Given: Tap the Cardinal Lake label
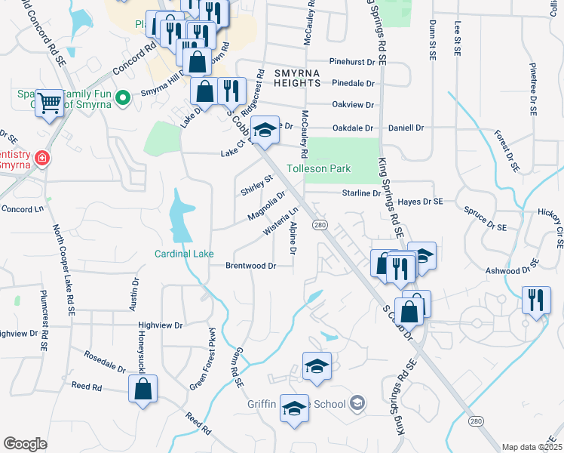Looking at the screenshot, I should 185,254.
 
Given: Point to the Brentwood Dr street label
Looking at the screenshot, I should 251,266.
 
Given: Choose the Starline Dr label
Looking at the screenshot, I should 357,193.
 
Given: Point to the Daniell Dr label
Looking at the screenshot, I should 406,128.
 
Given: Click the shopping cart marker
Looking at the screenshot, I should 49,102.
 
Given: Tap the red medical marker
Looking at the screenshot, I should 43,159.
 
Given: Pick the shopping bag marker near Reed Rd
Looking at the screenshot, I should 143,390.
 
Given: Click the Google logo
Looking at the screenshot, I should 25,444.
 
